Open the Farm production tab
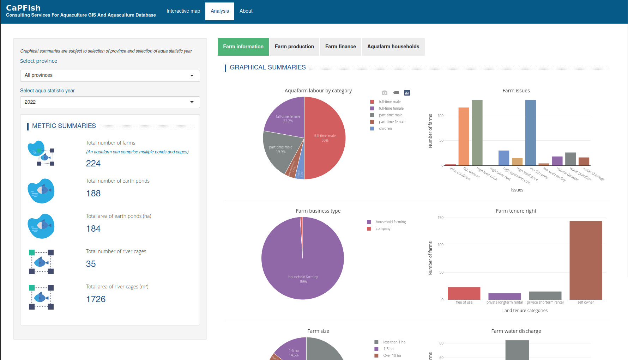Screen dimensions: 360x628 [x=294, y=47]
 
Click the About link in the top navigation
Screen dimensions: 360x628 [x=246, y=11]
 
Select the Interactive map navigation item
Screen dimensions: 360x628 [x=183, y=11]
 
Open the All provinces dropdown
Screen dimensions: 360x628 [x=110, y=75]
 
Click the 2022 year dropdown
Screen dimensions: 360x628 [x=110, y=102]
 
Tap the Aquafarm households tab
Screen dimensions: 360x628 [x=393, y=47]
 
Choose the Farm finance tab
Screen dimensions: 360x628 [x=340, y=47]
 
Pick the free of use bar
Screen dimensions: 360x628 [x=464, y=293]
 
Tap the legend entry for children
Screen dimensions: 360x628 [x=385, y=129]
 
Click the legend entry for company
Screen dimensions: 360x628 [x=383, y=229]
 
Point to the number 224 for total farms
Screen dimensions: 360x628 [x=93, y=164]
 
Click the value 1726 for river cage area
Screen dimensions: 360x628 [x=96, y=299]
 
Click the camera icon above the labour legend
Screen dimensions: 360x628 [x=385, y=93]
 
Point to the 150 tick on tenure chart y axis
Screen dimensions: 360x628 [x=440, y=218]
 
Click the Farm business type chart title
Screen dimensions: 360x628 [x=318, y=211]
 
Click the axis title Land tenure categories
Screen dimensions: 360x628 [x=525, y=311]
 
